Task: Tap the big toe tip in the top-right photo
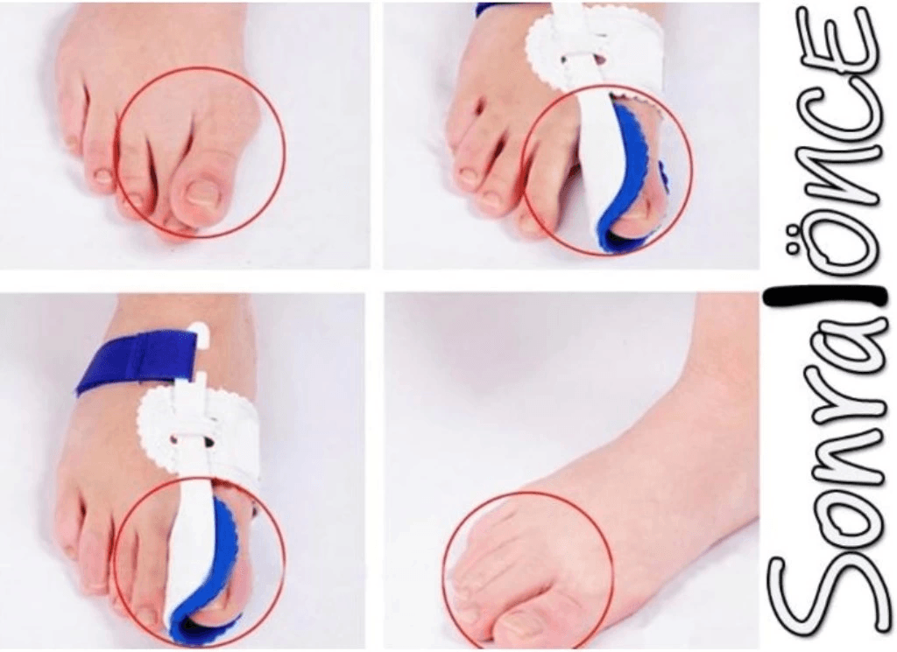tap(635, 220)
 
